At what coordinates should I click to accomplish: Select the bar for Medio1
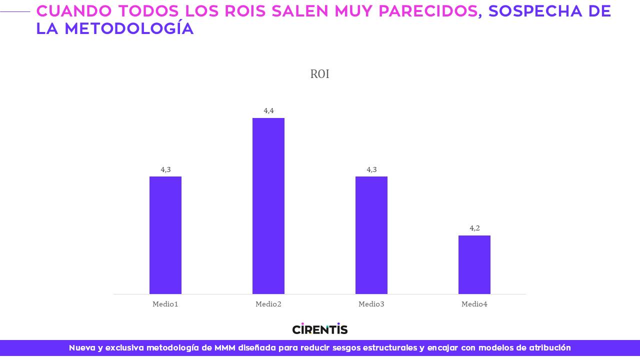165,235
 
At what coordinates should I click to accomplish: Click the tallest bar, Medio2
268,206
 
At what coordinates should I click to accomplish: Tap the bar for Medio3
371,235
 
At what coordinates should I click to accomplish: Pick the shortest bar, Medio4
474,264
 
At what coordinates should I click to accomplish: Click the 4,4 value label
268,110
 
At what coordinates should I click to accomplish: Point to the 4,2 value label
474,228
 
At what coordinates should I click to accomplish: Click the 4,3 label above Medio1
165,169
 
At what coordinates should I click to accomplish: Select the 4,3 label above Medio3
371,169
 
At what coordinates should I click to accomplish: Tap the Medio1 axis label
165,304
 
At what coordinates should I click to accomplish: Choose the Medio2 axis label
268,304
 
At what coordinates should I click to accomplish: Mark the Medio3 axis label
371,304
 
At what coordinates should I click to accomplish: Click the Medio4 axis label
474,304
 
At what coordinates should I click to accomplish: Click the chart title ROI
319,74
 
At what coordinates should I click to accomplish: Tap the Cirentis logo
319,329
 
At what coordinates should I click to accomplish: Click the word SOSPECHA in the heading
539,11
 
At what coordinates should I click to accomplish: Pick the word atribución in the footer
549,348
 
